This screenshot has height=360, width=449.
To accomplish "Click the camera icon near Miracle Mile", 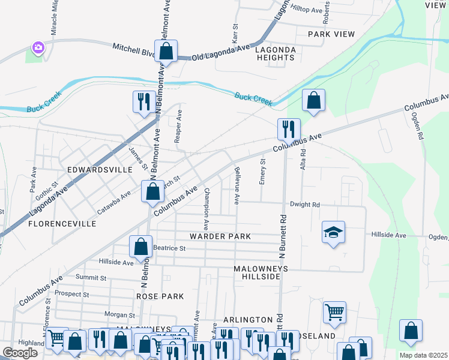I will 38,47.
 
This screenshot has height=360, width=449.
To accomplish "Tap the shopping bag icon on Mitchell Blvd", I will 166,52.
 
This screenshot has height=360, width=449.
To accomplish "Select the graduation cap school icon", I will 334,232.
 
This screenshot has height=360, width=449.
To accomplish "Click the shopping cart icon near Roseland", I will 334,312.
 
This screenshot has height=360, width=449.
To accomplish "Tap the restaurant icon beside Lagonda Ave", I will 143,101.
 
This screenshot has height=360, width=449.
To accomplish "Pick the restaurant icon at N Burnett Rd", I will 289,129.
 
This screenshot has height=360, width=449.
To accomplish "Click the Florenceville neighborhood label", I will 62,224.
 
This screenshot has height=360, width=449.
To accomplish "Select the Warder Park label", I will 220,236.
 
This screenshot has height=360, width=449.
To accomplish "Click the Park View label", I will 331,34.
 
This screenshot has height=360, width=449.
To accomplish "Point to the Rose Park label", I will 160,296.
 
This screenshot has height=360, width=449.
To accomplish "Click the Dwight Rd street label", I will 304,205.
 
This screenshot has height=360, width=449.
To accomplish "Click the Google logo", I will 20,353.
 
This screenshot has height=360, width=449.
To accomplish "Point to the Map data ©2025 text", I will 424,355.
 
